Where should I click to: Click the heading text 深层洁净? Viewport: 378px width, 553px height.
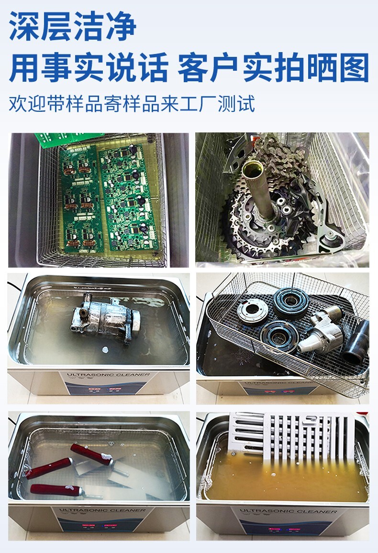tap(73, 27)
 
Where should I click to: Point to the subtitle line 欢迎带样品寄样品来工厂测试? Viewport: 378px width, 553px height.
tap(132, 103)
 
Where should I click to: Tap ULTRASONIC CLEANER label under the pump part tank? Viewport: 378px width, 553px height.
tap(108, 375)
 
